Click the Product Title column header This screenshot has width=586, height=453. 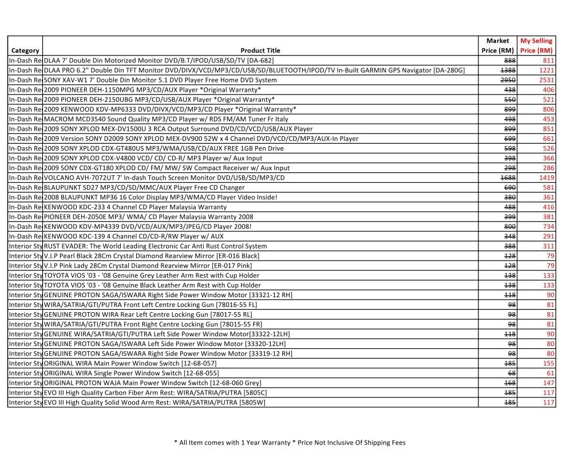coord(260,50)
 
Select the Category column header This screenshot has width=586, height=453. coord(25,50)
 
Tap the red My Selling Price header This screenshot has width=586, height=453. coord(536,46)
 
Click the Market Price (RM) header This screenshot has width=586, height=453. coord(497,46)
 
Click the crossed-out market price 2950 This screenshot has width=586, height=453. coord(508,80)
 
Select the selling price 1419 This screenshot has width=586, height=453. coord(547,178)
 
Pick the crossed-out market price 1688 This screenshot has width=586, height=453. coord(508,178)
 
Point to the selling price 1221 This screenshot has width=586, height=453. coord(547,70)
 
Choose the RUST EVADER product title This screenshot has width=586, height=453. coord(155,246)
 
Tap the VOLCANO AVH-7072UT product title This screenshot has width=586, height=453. coord(164,178)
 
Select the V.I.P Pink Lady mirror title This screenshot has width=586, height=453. coord(148,266)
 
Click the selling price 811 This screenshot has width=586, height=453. coord(548,61)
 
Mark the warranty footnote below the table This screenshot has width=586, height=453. coord(290,443)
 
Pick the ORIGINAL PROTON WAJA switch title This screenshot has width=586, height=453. coord(152,383)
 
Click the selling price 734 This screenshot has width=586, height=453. coord(548,227)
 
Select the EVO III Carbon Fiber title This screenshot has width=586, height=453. coord(155,393)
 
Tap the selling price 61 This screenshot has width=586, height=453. coord(551,373)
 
